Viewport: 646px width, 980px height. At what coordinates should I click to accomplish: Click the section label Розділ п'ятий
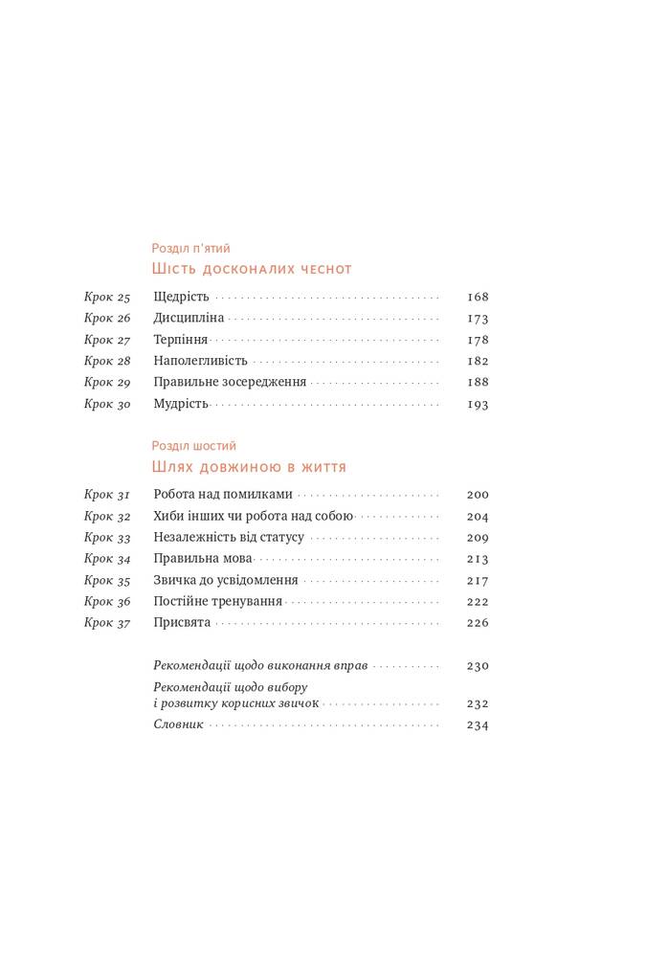pyautogui.click(x=190, y=248)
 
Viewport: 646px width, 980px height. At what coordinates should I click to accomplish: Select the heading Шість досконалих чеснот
pyautogui.click(x=253, y=270)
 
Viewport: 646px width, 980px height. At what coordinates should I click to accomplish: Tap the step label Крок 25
pyautogui.click(x=107, y=297)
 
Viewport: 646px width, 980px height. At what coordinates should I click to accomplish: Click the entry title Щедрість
pyautogui.click(x=181, y=297)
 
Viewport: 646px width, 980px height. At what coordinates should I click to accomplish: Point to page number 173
pyautogui.click(x=478, y=319)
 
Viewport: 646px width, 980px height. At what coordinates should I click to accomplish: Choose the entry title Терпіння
pyautogui.click(x=180, y=340)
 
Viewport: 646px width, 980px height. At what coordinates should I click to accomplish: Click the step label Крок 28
pyautogui.click(x=107, y=361)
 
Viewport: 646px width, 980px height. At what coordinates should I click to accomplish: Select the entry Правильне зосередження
pyautogui.click(x=230, y=382)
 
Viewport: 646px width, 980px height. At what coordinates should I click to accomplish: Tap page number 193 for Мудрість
pyautogui.click(x=478, y=404)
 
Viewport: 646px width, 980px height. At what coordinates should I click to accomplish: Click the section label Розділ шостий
pyautogui.click(x=194, y=446)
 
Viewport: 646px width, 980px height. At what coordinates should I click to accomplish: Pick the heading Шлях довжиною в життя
pyautogui.click(x=250, y=468)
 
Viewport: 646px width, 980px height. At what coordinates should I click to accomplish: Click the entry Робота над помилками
pyautogui.click(x=223, y=495)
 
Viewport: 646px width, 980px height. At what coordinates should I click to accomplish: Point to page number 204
pyautogui.click(x=478, y=517)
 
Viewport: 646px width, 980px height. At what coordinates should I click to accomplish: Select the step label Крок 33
pyautogui.click(x=107, y=538)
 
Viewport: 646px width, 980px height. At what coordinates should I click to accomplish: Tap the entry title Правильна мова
pyautogui.click(x=203, y=559)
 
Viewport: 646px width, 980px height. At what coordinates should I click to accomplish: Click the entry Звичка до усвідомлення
pyautogui.click(x=226, y=580)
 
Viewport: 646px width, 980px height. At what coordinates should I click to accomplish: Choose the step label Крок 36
pyautogui.click(x=107, y=602)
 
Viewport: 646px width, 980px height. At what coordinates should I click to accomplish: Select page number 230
pyautogui.click(x=478, y=666)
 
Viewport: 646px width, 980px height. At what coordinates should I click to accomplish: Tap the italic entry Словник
pyautogui.click(x=179, y=724)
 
